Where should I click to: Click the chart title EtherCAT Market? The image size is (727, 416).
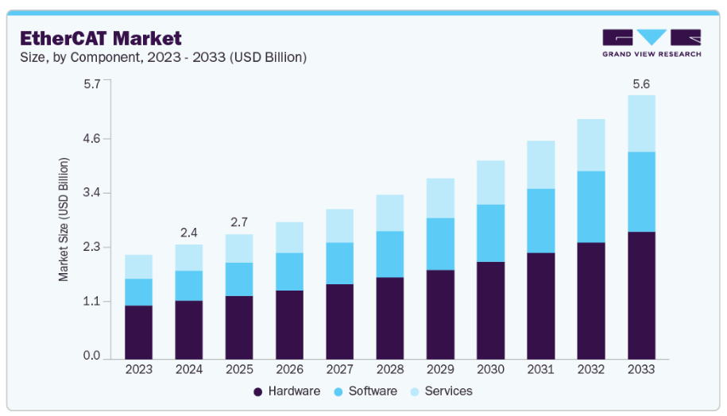coord(101,37)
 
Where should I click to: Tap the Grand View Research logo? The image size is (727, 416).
coord(652,43)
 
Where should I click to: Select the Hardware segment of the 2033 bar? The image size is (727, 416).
coord(641,295)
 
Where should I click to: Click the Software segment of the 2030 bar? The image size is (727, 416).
coord(490,233)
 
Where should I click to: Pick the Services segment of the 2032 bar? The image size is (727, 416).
coord(591,144)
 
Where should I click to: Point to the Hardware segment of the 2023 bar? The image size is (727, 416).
coord(138,332)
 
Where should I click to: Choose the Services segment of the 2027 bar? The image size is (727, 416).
coord(339,225)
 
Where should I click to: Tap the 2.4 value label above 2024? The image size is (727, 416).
coord(188,232)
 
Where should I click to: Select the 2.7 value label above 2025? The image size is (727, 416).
coord(239,221)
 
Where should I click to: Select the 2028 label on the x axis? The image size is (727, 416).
coord(389,369)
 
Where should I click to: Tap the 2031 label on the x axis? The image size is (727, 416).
coord(540,369)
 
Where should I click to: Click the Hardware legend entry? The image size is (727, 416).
coord(287,391)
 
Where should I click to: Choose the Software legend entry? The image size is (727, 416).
coord(365,391)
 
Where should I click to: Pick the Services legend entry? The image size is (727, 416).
coord(442,391)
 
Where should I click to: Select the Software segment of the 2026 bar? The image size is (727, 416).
coord(289,272)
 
